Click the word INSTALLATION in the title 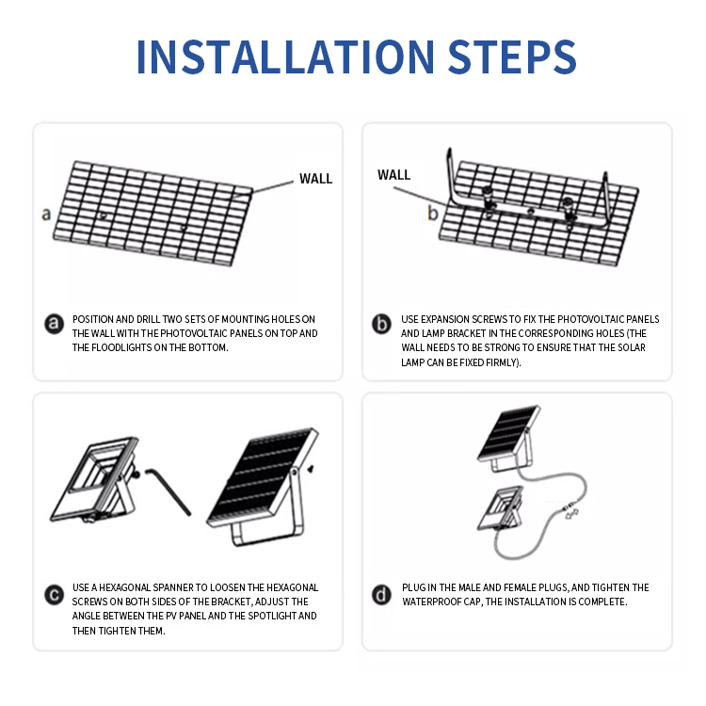point(285,56)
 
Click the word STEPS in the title point(512,56)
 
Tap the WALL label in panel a point(315,179)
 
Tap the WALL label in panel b point(394,175)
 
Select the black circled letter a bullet point(54,324)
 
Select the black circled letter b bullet point(381,324)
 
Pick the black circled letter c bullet point(54,595)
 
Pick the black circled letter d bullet point(381,595)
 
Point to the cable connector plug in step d point(571,512)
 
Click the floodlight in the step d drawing point(501,508)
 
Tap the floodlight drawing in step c point(95,480)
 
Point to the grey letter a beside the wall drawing point(46,215)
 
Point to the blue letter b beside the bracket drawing point(433,213)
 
